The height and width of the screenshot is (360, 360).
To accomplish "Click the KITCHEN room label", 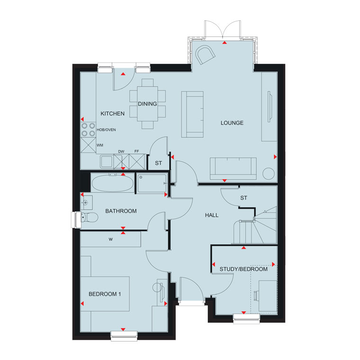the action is (113, 113).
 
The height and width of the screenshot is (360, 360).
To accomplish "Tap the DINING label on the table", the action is (147, 104).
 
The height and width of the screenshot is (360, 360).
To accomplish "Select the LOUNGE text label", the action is (232, 123).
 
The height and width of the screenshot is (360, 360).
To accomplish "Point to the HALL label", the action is (212, 215).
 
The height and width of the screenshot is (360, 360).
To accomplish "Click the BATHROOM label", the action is (121, 211).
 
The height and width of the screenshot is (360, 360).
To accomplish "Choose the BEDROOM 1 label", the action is (105, 294).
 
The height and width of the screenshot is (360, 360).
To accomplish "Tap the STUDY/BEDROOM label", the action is (243, 269).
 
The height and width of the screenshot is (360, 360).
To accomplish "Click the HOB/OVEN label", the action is (106, 130).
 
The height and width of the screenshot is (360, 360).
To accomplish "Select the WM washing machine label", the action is (100, 145).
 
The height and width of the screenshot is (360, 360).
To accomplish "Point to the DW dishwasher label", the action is (121, 152).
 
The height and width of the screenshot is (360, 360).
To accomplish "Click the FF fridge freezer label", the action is (136, 151).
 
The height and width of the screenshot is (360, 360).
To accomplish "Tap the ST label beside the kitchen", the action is (158, 163).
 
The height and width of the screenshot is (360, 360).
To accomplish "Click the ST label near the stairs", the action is (244, 198).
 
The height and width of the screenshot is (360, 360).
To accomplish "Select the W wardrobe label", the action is (111, 239).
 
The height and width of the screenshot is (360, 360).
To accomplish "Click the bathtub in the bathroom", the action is (112, 183).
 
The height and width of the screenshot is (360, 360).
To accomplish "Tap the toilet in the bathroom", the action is (90, 217).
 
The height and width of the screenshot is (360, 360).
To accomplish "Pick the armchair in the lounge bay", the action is (205, 54).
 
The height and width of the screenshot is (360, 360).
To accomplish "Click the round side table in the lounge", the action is (269, 174).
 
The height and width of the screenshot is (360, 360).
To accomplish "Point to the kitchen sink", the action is (107, 162).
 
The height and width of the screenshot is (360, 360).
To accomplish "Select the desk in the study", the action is (268, 296).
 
